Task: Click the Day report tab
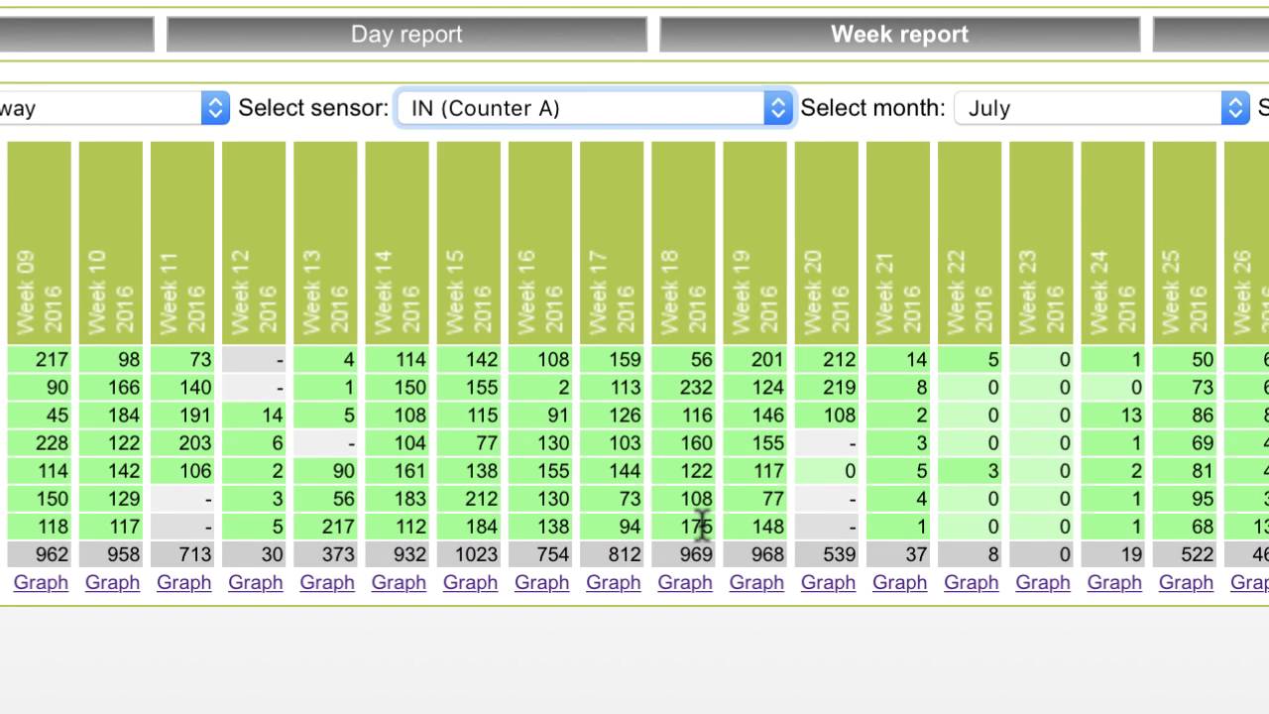pyautogui.click(x=406, y=35)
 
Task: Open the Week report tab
pyautogui.click(x=899, y=35)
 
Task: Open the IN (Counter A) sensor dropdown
pyautogui.click(x=594, y=108)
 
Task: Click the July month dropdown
pyautogui.click(x=1100, y=108)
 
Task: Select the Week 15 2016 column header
pyautogui.click(x=469, y=243)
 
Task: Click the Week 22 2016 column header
pyautogui.click(x=970, y=243)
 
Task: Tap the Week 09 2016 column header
pyautogui.click(x=40, y=243)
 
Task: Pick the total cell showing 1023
pyautogui.click(x=469, y=554)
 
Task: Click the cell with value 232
pyautogui.click(x=684, y=388)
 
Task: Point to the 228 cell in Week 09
pyautogui.click(x=40, y=443)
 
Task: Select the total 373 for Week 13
pyautogui.click(x=326, y=554)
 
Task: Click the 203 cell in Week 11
pyautogui.click(x=183, y=443)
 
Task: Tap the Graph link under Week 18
pyautogui.click(x=685, y=583)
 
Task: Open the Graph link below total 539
pyautogui.click(x=828, y=583)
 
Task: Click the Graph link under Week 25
pyautogui.click(x=1186, y=583)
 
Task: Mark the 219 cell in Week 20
pyautogui.click(x=827, y=388)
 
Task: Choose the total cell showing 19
pyautogui.click(x=1113, y=554)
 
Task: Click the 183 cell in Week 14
pyautogui.click(x=398, y=499)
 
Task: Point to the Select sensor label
pyautogui.click(x=313, y=108)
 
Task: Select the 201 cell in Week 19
pyautogui.click(x=755, y=360)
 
